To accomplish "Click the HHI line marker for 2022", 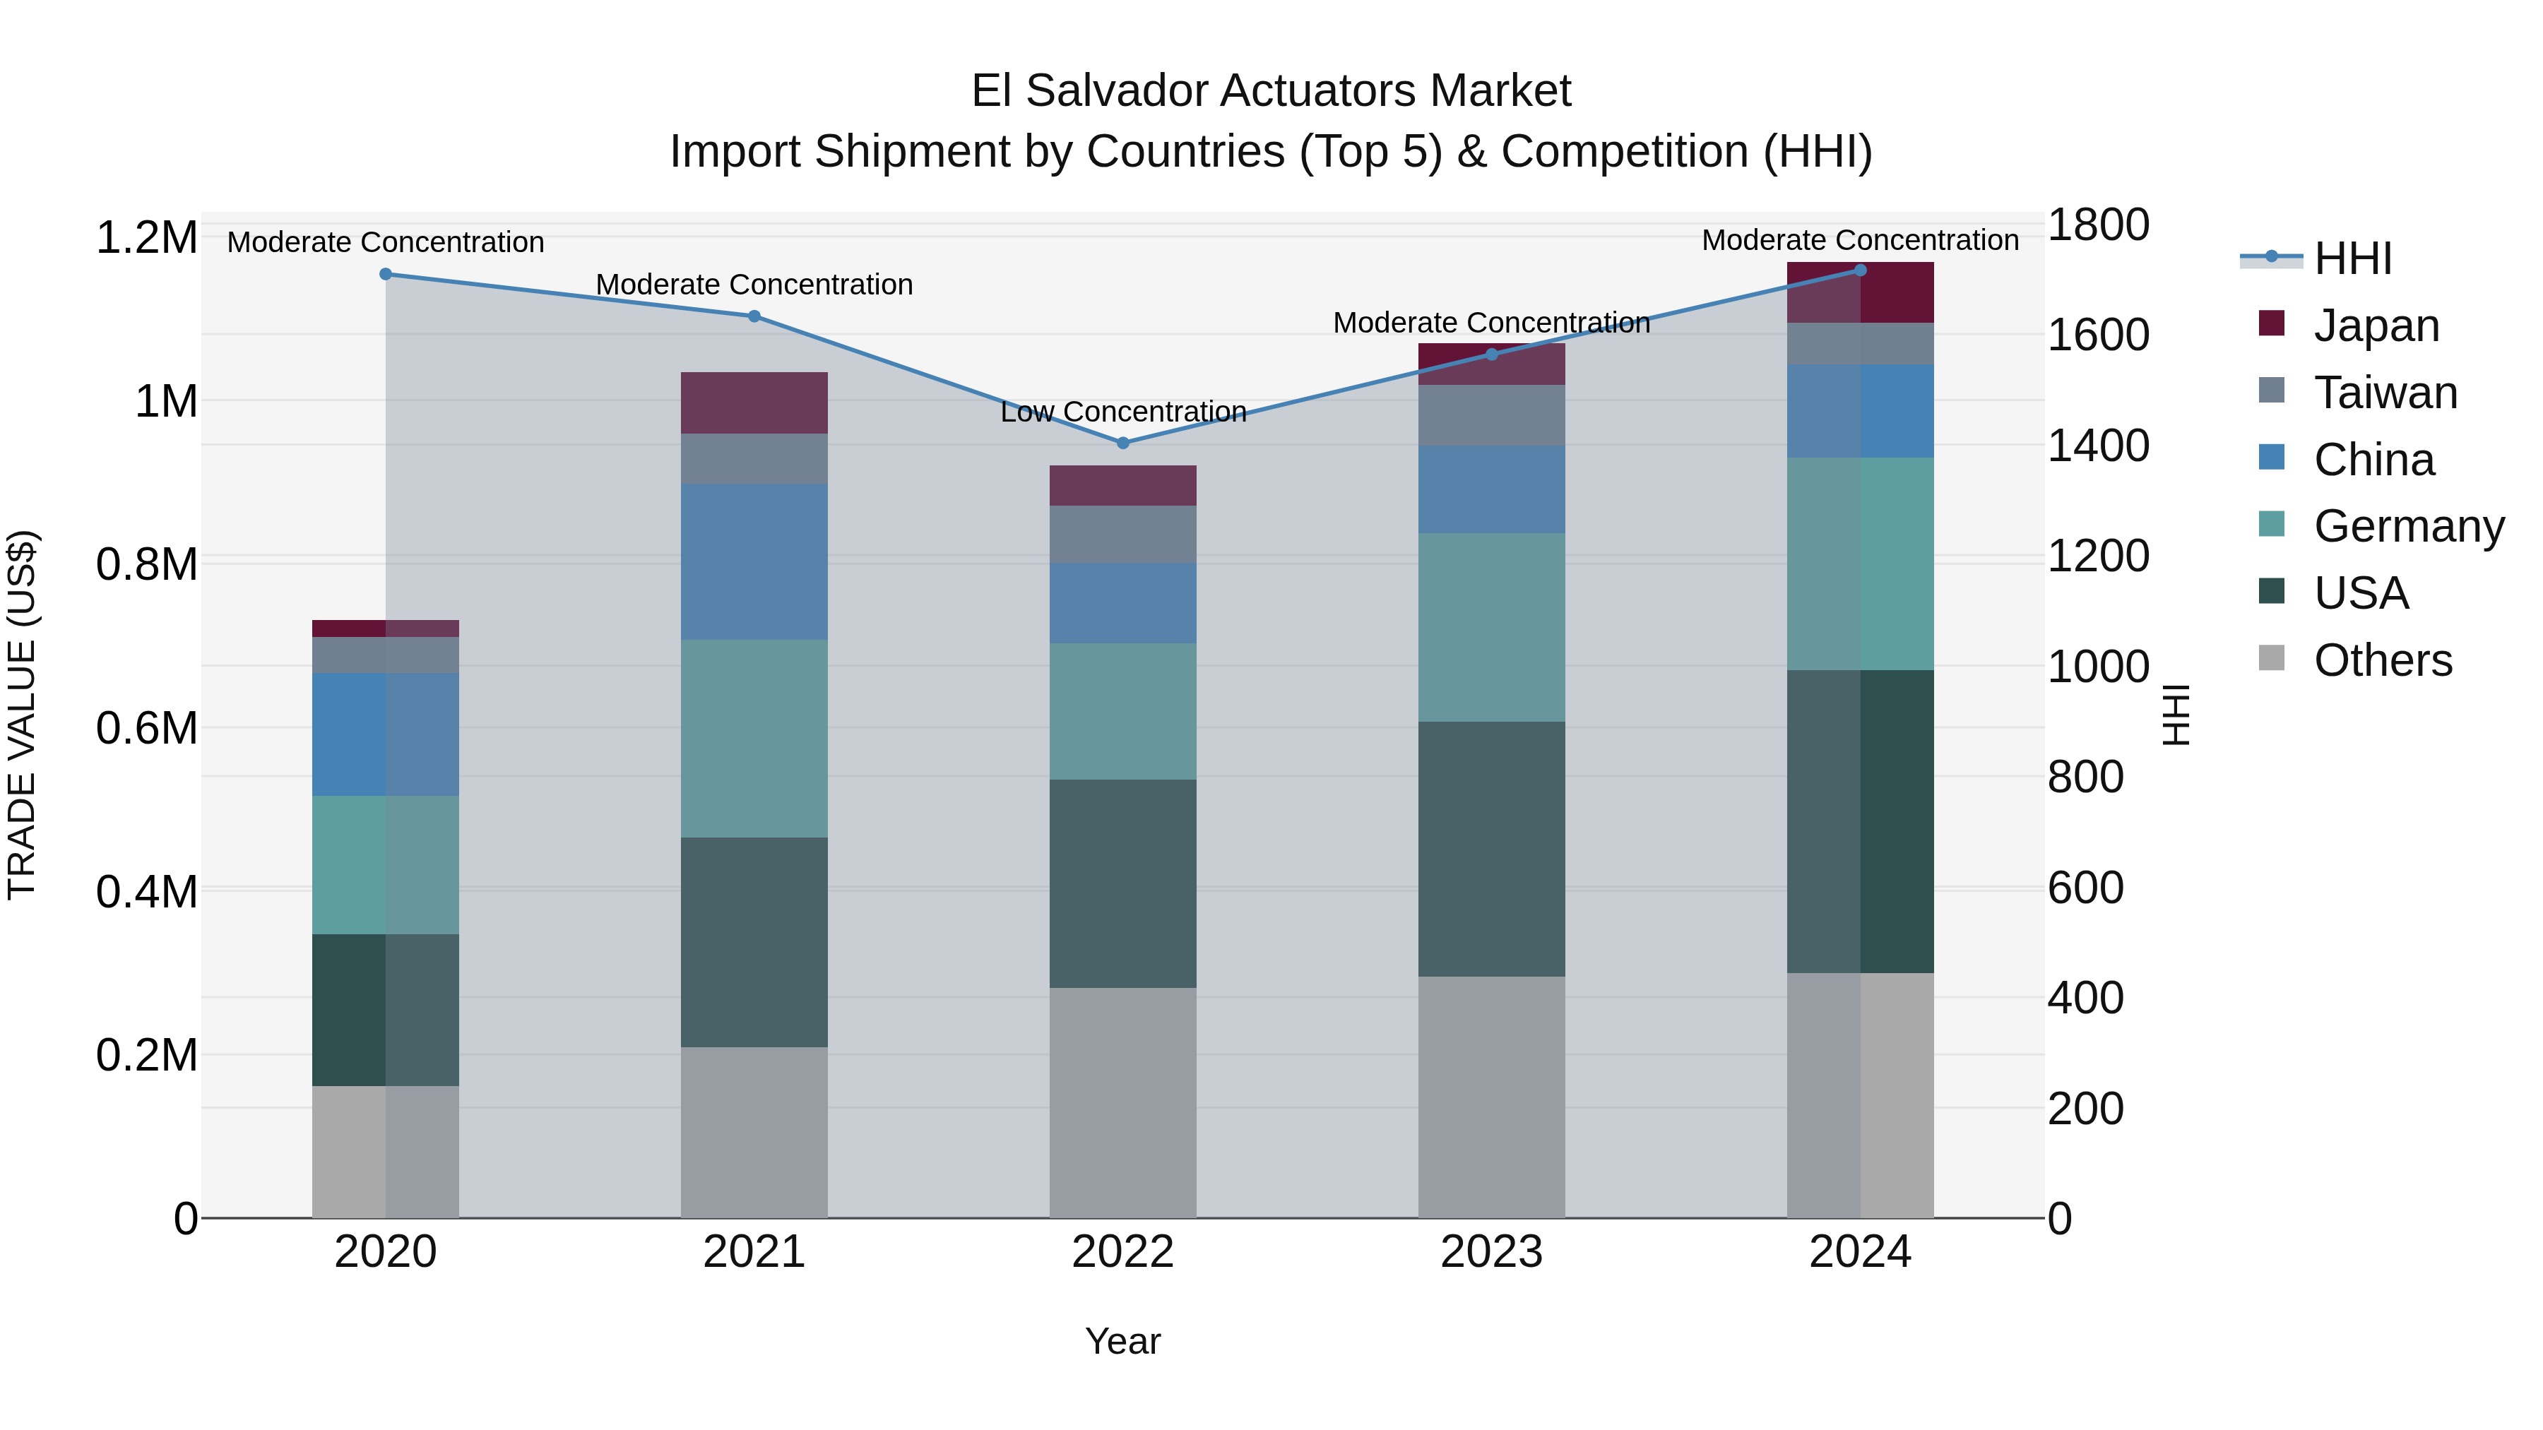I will tap(1122, 443).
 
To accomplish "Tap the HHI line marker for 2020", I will tap(386, 275).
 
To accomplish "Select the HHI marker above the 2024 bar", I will tap(1860, 270).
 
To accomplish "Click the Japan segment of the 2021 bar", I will tap(754, 403).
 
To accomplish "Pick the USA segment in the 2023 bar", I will tap(1492, 849).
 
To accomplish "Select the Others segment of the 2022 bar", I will tap(1122, 1102).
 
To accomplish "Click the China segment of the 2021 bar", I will tap(754, 561).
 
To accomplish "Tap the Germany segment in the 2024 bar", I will tap(1860, 564).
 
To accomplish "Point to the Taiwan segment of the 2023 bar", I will tap(1492, 415).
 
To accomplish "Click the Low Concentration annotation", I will tap(1122, 412).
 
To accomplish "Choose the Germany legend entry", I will tap(2408, 526).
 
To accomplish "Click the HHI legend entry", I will tap(2352, 258).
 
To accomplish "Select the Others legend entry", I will tap(2382, 660).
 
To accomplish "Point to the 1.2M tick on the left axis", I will tap(146, 238).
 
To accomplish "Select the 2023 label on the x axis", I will tap(1492, 1252).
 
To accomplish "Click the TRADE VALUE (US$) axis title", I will tap(23, 715).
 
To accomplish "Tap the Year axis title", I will tap(1122, 1341).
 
